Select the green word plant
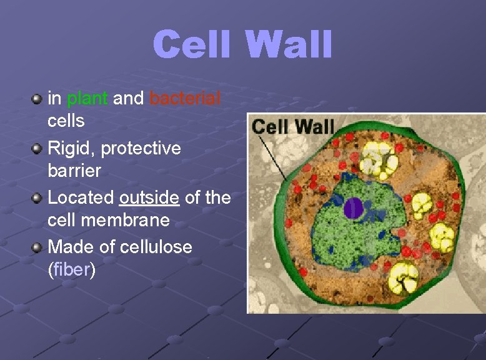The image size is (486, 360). (87, 98)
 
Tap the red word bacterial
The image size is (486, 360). (185, 98)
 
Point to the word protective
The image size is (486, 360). (141, 148)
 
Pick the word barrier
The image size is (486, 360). (74, 170)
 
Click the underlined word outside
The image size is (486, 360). (149, 198)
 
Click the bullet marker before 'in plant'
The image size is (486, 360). (37, 99)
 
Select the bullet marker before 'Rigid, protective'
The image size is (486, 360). (37, 149)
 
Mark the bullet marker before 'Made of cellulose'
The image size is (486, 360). (37, 247)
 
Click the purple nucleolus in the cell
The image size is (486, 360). (353, 208)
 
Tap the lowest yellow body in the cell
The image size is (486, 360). (404, 277)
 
